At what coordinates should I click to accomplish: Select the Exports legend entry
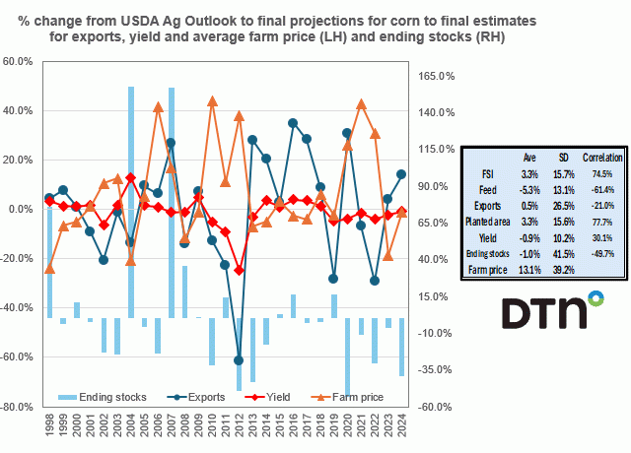tap(214, 398)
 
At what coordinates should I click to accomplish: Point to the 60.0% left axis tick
tap(20, 61)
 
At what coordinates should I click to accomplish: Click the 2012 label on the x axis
tap(239, 428)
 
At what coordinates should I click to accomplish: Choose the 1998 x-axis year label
tap(49, 428)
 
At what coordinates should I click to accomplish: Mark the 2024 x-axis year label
tap(401, 428)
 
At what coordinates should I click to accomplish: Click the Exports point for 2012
tap(239, 360)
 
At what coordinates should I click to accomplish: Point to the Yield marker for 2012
tap(239, 270)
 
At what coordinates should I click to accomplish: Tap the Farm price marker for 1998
tap(49, 269)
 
